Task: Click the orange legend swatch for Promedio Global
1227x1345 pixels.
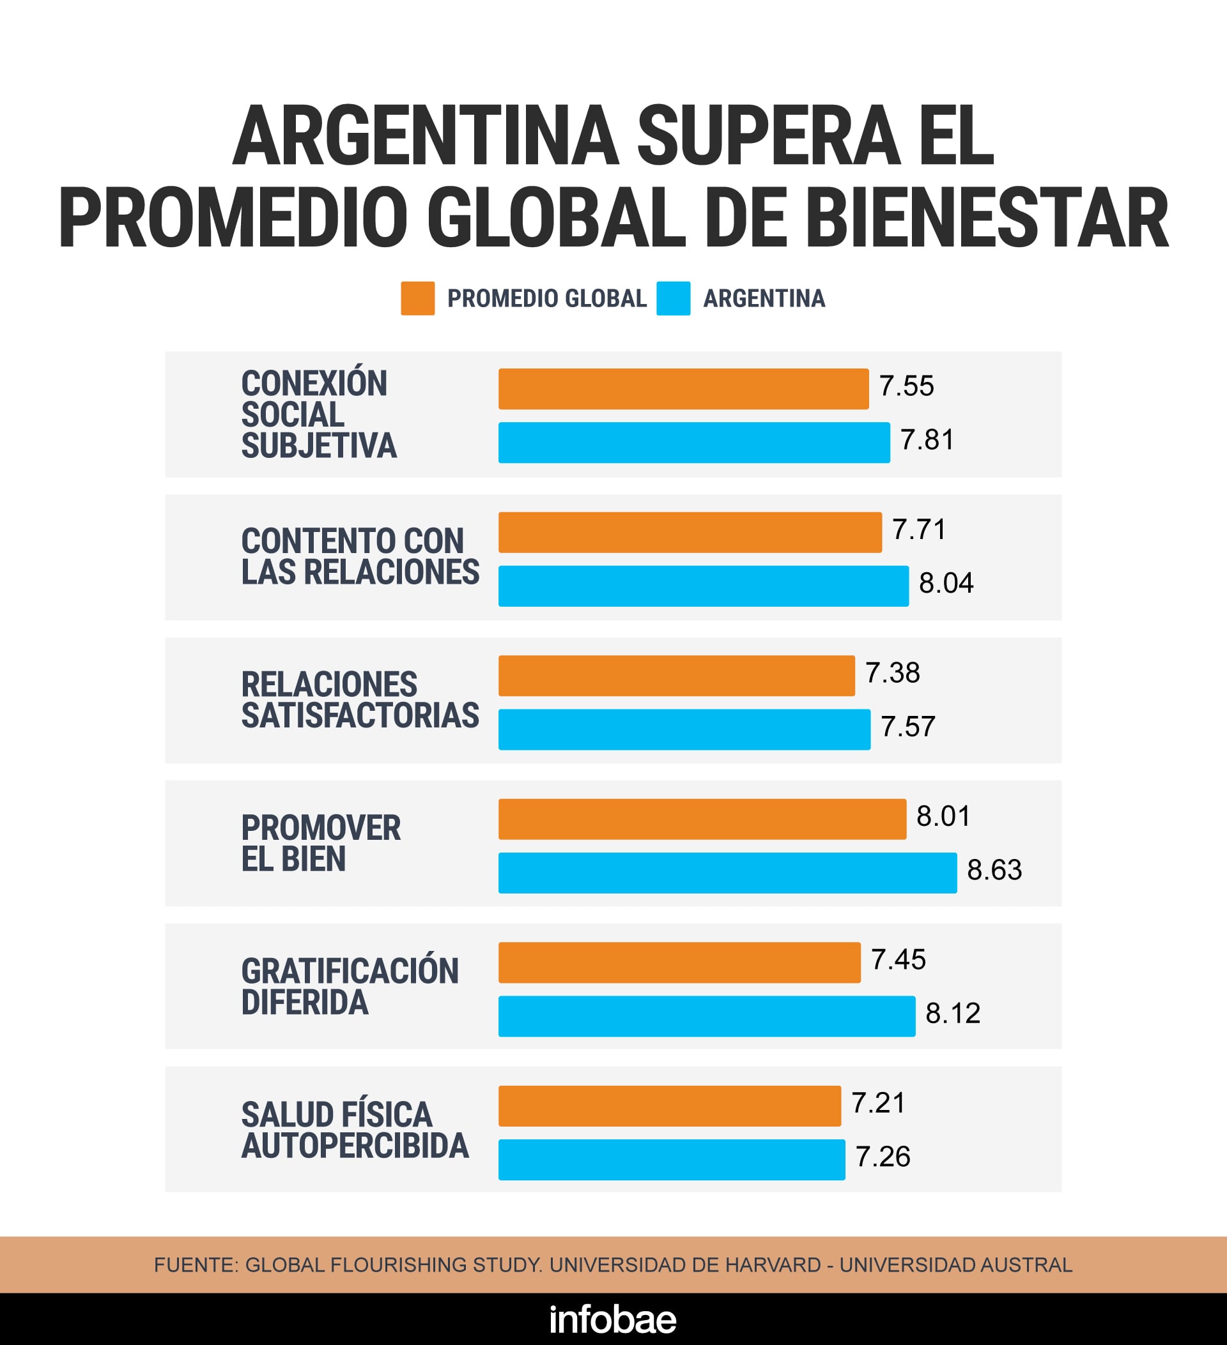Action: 417,298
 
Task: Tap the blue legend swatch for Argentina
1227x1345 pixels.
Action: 673,298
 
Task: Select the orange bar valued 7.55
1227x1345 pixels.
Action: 683,389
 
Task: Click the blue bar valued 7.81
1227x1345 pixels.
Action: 693,443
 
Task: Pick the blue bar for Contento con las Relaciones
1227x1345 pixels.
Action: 703,586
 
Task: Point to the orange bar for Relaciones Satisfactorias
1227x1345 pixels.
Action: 676,676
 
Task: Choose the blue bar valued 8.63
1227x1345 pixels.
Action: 727,872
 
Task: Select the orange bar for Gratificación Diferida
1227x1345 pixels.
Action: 679,962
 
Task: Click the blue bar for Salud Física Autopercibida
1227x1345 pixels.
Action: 672,1160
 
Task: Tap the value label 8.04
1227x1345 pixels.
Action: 946,583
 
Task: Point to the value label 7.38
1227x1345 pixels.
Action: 893,672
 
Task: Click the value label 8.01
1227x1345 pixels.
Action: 943,816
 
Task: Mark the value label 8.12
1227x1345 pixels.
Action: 953,1014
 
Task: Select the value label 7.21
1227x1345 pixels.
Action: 879,1103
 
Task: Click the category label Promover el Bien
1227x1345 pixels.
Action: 320,843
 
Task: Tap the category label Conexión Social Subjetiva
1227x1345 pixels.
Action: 318,414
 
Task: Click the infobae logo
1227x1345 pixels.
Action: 613,1319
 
